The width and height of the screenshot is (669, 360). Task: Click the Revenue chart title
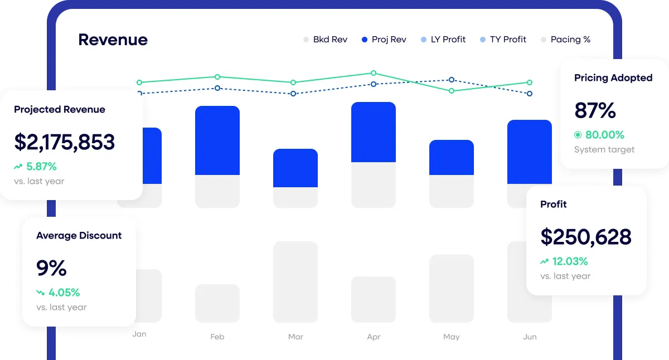click(113, 40)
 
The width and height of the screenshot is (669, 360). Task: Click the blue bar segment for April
click(374, 132)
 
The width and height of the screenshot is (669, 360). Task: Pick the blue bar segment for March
click(295, 168)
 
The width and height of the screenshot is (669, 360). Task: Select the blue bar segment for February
click(217, 140)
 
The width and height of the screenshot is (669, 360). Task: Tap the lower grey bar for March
click(295, 281)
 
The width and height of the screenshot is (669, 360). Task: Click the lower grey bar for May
click(452, 288)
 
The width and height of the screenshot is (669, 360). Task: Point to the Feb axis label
click(217, 337)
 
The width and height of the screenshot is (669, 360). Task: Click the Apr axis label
click(374, 337)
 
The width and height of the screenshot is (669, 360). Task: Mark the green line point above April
click(374, 73)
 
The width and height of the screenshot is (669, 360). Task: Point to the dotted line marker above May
click(452, 80)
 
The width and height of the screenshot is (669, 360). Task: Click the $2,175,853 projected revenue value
click(65, 142)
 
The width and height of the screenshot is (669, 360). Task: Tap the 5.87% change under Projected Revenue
click(41, 166)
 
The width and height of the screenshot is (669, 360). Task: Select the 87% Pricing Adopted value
click(595, 111)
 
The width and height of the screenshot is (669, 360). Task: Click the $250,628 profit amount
click(586, 237)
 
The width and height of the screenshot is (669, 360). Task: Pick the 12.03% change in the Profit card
click(570, 261)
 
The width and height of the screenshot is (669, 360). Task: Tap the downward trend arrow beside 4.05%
click(41, 292)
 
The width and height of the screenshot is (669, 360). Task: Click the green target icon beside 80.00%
click(578, 135)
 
